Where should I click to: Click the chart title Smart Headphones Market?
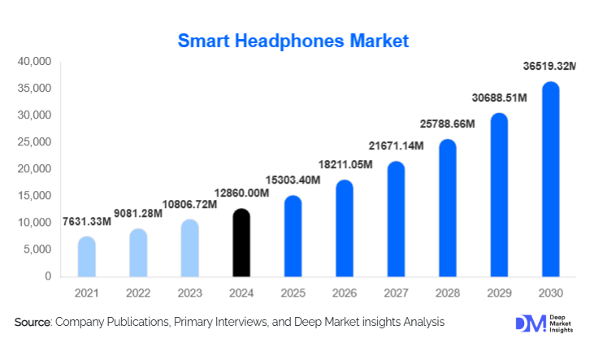(293, 40)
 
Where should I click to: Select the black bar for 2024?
(241, 243)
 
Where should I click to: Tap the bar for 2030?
(550, 179)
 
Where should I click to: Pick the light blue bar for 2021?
(87, 257)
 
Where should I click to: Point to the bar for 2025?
(293, 236)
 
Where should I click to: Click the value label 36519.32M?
(550, 65)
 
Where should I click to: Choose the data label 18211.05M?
(345, 165)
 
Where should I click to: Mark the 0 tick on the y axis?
(49, 276)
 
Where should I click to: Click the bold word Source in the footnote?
(33, 322)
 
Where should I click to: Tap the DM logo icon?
(530, 323)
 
